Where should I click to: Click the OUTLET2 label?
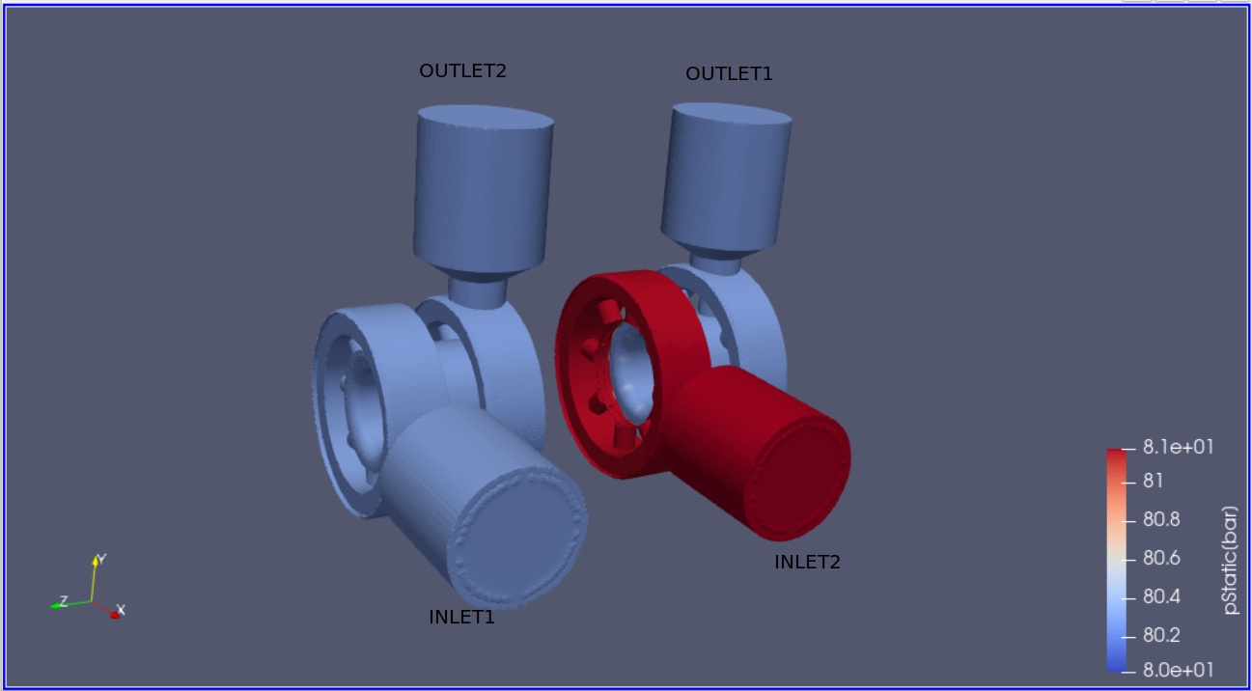462,71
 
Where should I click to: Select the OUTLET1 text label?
729,73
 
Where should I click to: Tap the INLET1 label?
461,618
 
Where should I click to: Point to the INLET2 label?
807,562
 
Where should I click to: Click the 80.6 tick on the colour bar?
1161,558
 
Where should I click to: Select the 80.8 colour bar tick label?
1161,519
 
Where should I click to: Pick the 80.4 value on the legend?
1161,596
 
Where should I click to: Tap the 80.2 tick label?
1161,635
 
